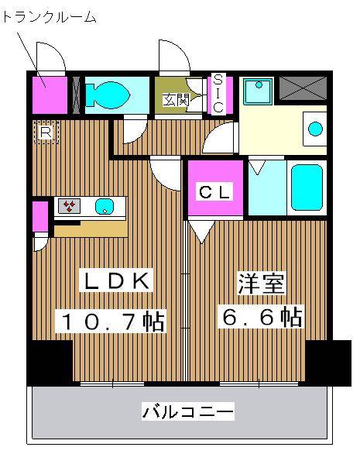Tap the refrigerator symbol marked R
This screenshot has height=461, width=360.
point(45,132)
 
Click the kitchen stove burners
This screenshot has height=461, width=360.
point(70,206)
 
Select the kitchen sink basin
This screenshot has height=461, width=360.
point(105,206)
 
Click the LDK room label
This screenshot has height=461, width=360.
point(116,281)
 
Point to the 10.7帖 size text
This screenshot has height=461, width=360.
point(109,320)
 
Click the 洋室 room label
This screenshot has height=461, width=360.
point(261,283)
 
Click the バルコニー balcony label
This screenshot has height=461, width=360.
point(187,411)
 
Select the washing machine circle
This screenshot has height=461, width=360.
point(316,128)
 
